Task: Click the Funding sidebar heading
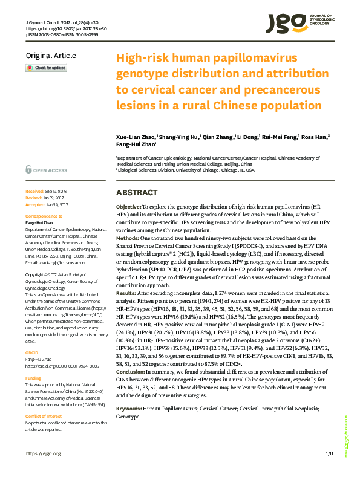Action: click(x=33, y=362)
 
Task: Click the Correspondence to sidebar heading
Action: click(x=44, y=216)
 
